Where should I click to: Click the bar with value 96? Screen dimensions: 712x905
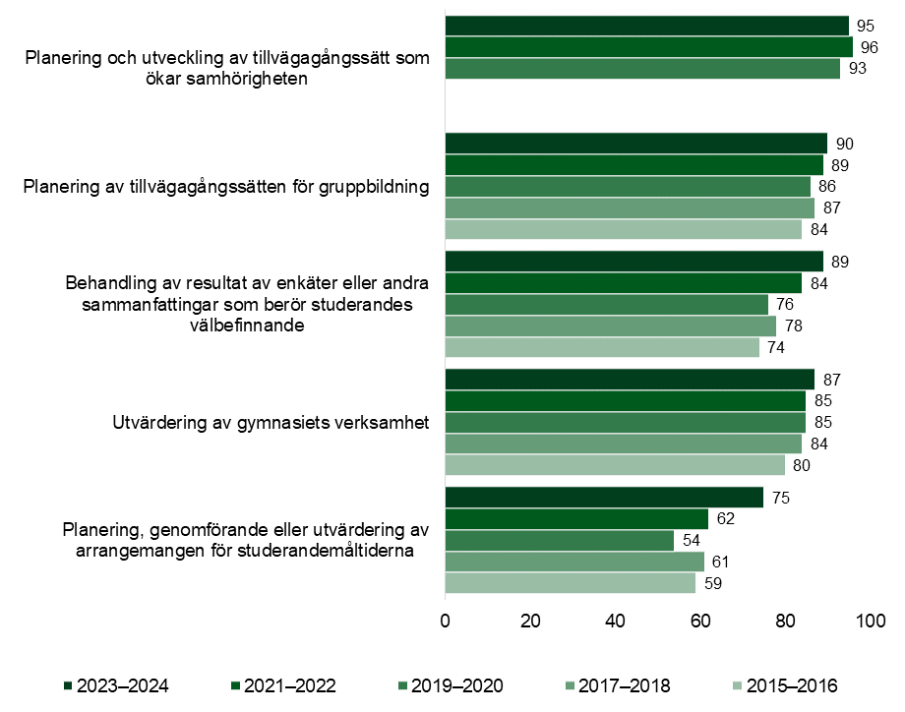click(x=649, y=47)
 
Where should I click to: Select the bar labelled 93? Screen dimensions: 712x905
click(x=642, y=69)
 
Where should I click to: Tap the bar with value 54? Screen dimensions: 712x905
click(x=560, y=541)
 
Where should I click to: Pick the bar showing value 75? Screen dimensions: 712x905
click(x=604, y=498)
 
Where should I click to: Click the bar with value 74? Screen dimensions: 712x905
click(x=602, y=347)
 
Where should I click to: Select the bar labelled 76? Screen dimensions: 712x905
click(x=607, y=304)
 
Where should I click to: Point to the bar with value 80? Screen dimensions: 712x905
click(x=615, y=465)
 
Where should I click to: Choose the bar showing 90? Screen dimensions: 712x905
click(x=636, y=144)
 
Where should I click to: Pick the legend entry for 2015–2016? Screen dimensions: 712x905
click(x=787, y=685)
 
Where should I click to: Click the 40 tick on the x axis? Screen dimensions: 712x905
click(x=616, y=622)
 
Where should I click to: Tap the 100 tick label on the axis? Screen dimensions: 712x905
click(x=871, y=622)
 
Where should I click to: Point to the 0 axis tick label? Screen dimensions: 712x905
click(x=446, y=622)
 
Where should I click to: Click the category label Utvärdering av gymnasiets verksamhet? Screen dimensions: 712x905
click(x=271, y=424)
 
